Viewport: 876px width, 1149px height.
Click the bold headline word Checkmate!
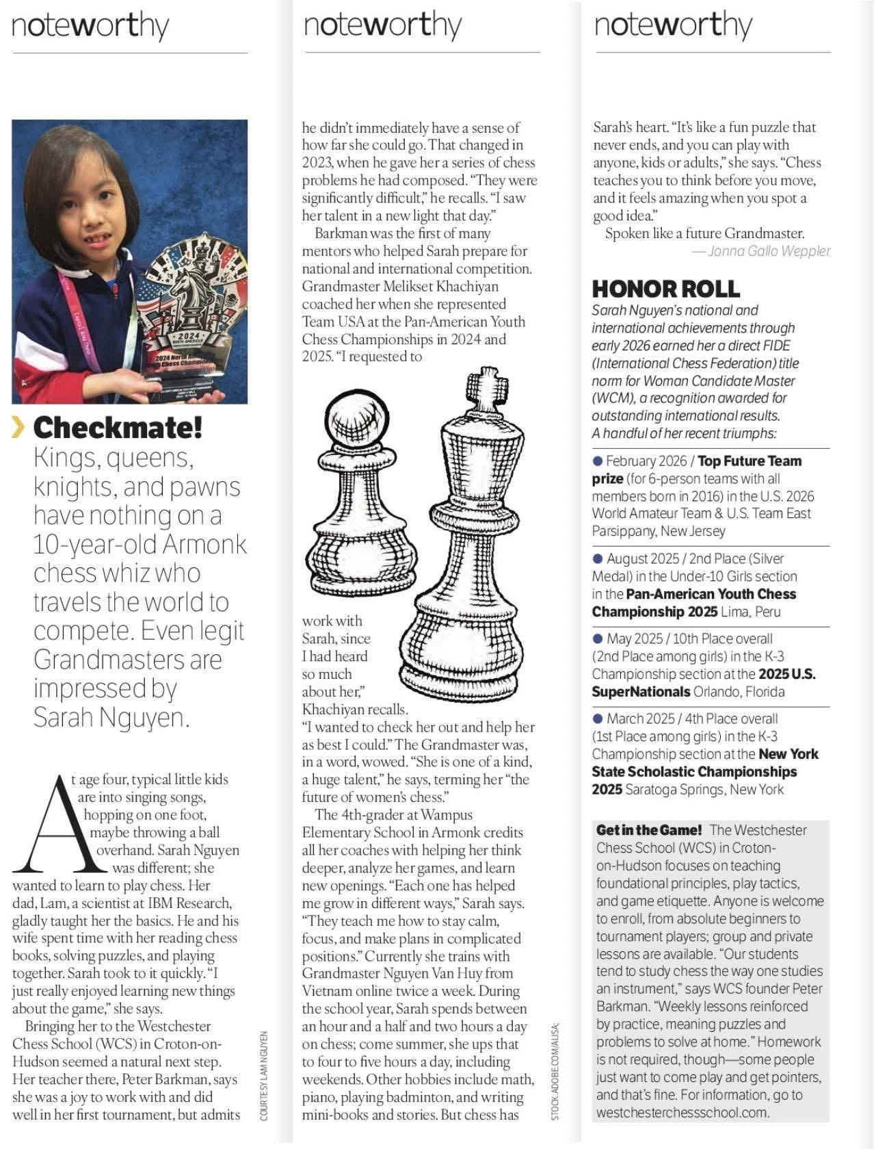click(118, 428)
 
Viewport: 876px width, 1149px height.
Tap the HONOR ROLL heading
click(665, 289)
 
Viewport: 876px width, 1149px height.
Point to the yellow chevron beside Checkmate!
click(18, 428)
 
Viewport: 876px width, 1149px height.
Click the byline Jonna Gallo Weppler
click(769, 251)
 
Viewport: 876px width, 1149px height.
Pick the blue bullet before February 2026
click(598, 461)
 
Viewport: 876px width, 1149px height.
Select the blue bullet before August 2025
click(598, 559)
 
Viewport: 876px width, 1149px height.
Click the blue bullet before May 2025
click(598, 638)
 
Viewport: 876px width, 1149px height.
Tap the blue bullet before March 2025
click(598, 719)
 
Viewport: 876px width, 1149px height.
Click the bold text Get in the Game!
click(649, 830)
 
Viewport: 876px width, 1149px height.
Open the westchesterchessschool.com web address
click(682, 1112)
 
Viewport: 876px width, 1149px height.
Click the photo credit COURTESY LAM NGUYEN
click(264, 1075)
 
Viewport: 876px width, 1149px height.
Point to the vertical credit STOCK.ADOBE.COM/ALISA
click(555, 1070)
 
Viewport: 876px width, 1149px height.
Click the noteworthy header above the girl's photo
click(90, 26)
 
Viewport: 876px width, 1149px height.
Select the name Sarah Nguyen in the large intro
click(109, 717)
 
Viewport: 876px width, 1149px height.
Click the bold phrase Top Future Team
click(749, 461)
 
